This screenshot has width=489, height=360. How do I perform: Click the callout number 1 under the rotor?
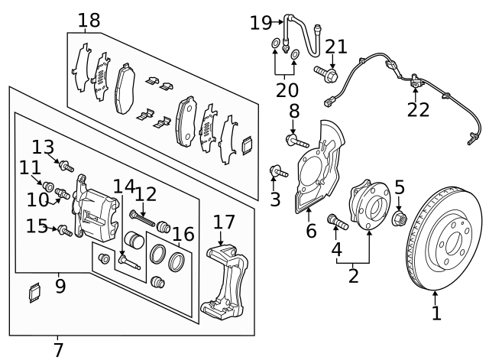436,313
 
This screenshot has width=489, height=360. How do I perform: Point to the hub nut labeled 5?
399,220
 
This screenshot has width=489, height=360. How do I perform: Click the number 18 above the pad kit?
89,21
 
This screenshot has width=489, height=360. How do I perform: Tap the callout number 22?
418,110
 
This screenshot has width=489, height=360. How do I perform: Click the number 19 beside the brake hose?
261,23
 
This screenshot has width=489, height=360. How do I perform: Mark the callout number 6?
311,229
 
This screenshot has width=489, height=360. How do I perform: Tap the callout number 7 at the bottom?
58,350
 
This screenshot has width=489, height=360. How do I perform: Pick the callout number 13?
44,146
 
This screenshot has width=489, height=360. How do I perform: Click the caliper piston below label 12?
134,240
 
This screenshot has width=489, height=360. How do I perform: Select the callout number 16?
183,233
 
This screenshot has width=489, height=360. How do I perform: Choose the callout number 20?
287,89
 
